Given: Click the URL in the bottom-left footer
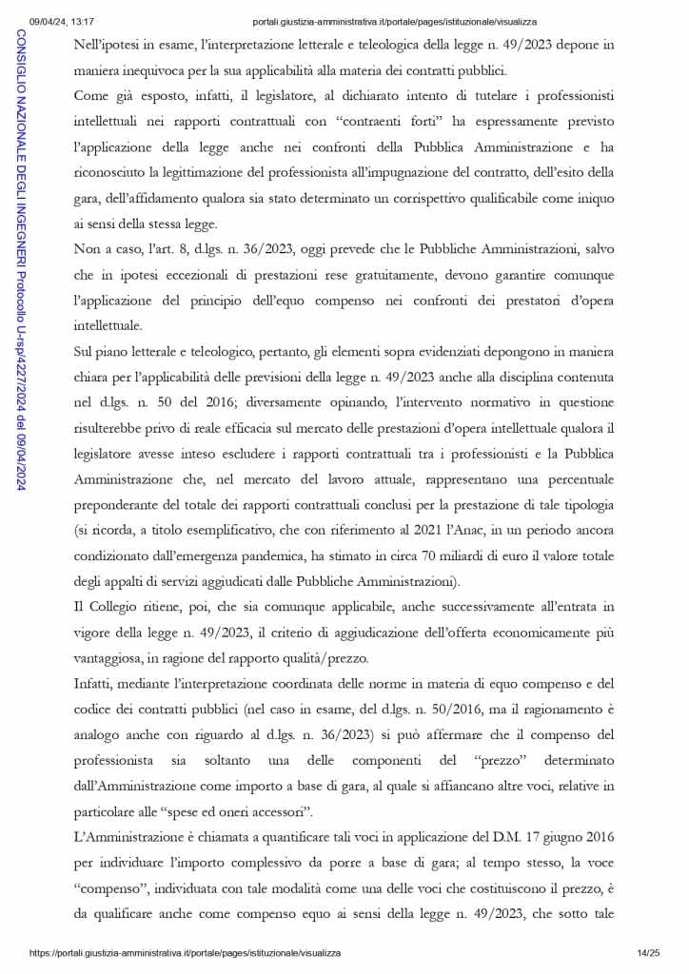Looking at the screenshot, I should (185, 952).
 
